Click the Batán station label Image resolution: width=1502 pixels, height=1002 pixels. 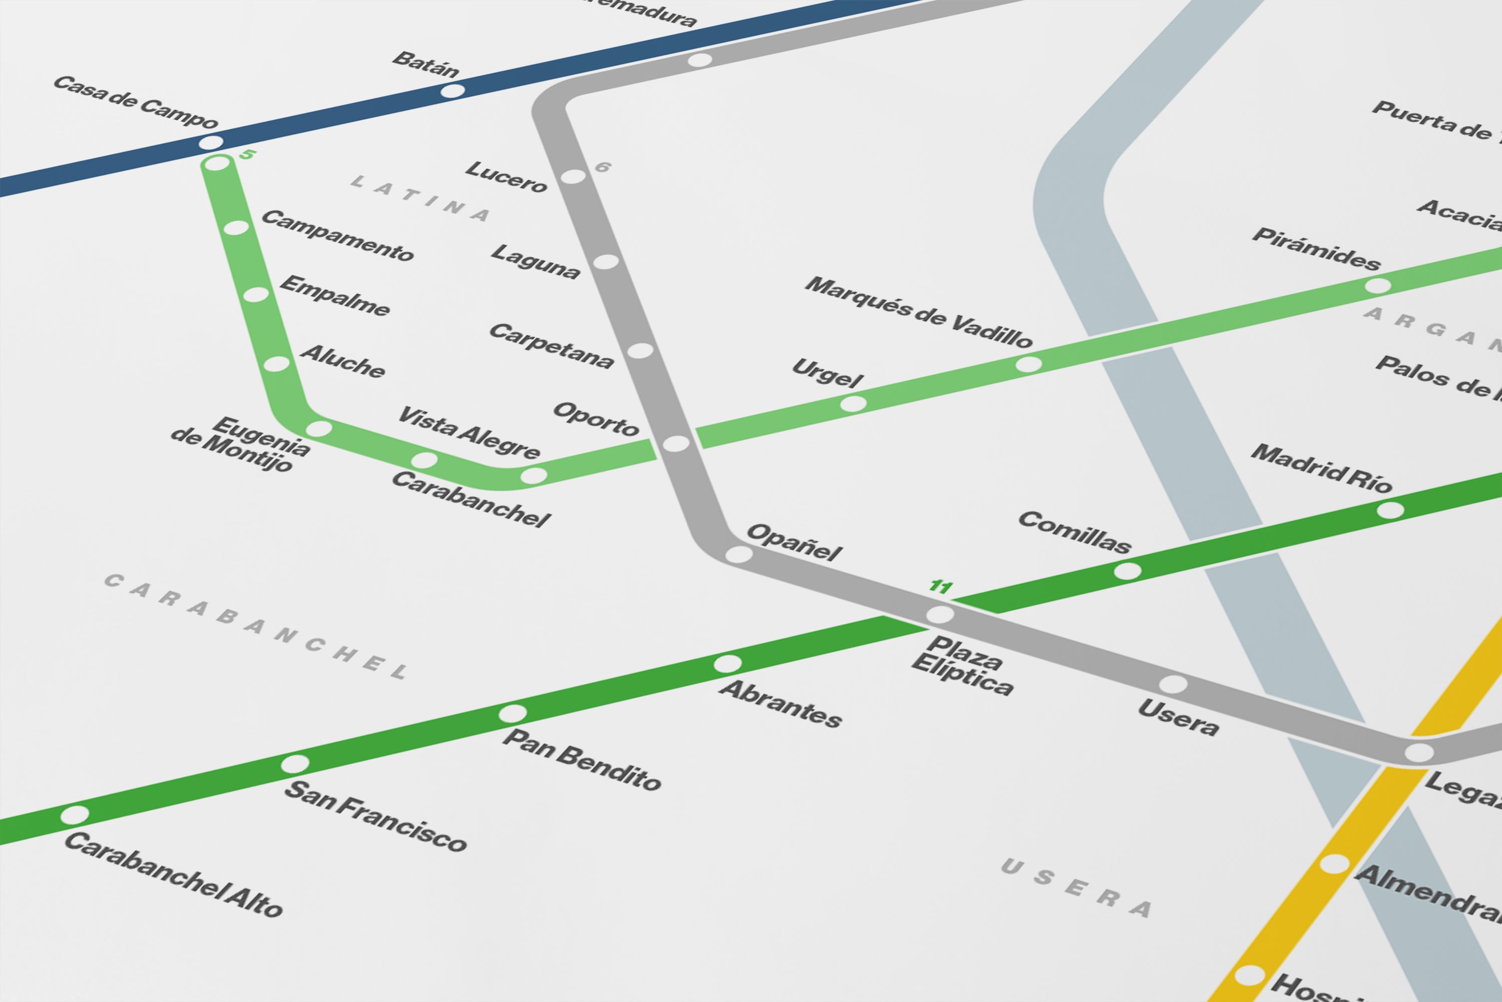pyautogui.click(x=425, y=65)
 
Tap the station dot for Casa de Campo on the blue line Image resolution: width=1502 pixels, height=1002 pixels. pyautogui.click(x=211, y=142)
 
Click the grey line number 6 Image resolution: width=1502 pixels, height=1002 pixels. pyautogui.click(x=603, y=167)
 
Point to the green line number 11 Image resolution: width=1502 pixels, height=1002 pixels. pyautogui.click(x=941, y=586)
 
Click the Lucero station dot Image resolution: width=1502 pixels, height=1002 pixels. pyautogui.click(x=573, y=176)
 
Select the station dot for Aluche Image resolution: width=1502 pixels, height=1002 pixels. pyautogui.click(x=276, y=364)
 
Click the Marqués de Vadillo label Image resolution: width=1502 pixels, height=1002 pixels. pyautogui.click(x=918, y=312)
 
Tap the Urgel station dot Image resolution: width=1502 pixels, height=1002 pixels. pyautogui.click(x=853, y=404)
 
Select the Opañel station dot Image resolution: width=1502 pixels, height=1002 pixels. pyautogui.click(x=739, y=554)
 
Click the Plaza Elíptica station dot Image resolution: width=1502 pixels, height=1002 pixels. pyautogui.click(x=940, y=615)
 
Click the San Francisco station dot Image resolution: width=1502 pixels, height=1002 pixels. pyautogui.click(x=295, y=764)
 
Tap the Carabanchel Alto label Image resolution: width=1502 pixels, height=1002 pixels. pyautogui.click(x=173, y=875)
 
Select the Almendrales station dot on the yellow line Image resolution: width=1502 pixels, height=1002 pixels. pyautogui.click(x=1334, y=864)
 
